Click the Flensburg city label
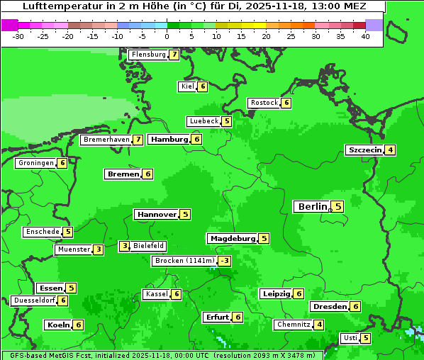coord(148,55)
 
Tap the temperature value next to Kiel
coord(203,86)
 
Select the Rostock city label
coord(264,103)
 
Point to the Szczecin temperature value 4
coord(390,150)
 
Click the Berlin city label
coord(312,206)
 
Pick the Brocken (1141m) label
coord(184,261)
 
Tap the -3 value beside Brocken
coord(224,261)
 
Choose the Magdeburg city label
coord(232,238)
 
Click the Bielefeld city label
coord(149,246)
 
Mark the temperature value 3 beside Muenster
coord(99,249)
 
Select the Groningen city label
coord(36,163)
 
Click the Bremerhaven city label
coord(106,140)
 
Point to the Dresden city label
coord(329,307)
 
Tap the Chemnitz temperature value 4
coord(319,325)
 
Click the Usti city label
coord(350,338)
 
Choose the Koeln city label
coord(58,325)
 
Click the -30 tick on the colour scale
coord(18,36)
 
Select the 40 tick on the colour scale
coord(365,36)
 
